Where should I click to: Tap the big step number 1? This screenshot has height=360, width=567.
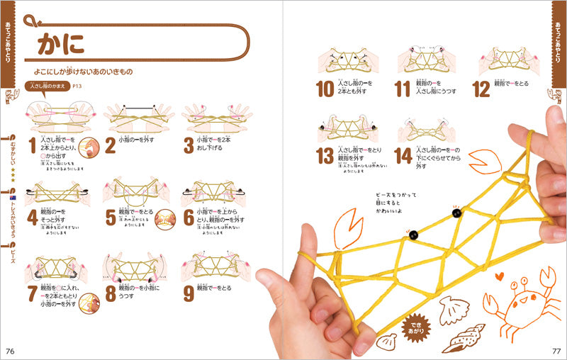click(x=32, y=146)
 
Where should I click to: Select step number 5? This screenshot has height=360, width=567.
click(x=110, y=217)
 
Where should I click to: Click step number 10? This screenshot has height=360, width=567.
click(x=325, y=89)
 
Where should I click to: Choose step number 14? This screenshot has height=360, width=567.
click(x=403, y=155)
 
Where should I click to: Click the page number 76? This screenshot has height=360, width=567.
click(x=10, y=351)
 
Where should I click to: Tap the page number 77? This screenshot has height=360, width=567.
click(x=556, y=351)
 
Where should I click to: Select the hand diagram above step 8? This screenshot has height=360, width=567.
click(x=133, y=266)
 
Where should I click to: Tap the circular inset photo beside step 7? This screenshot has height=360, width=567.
click(x=89, y=305)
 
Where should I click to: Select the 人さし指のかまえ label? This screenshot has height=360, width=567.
click(x=47, y=86)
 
